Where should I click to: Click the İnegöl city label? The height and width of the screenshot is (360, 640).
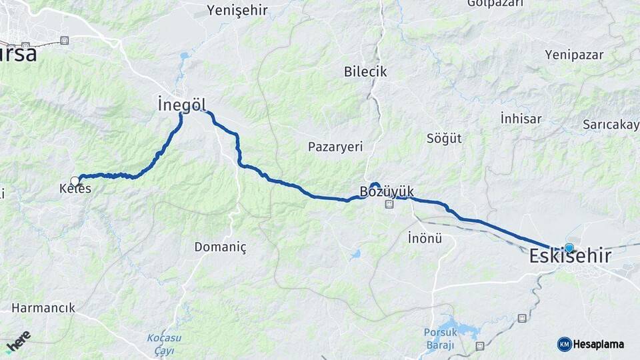181,105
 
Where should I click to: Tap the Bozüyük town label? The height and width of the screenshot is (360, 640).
387,192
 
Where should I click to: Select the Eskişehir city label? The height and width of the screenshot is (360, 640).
570,256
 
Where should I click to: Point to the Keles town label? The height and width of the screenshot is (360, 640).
75,189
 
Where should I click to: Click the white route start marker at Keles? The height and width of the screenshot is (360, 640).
75,181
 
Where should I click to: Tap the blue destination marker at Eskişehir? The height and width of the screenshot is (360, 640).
569,248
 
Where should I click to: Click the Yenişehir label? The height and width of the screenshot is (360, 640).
237,10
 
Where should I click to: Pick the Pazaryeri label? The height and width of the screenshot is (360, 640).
335,147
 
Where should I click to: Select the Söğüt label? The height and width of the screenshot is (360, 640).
444,139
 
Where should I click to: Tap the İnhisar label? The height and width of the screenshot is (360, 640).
520,119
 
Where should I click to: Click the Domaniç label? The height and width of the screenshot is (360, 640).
220,247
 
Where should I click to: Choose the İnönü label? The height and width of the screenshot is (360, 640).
425,238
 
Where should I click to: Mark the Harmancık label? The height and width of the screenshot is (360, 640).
43,309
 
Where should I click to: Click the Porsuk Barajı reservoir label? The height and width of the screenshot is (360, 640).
439,338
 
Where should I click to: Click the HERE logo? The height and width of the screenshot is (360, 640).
18,342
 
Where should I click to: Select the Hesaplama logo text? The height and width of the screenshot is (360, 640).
599,345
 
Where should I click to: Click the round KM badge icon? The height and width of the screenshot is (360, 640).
565,345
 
